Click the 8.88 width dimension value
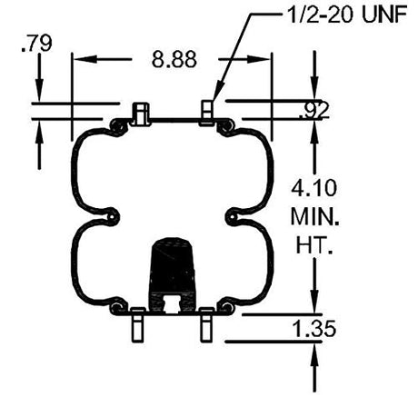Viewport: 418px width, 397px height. tap(174, 59)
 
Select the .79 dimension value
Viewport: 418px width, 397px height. tap(36, 44)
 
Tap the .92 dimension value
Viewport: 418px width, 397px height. tap(313, 111)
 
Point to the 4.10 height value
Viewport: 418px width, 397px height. tap(313, 188)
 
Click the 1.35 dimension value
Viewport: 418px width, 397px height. tap(314, 328)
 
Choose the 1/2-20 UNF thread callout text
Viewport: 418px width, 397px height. tap(346, 15)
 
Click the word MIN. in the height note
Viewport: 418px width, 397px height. tap(315, 216)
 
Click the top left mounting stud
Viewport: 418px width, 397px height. tap(140, 114)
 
